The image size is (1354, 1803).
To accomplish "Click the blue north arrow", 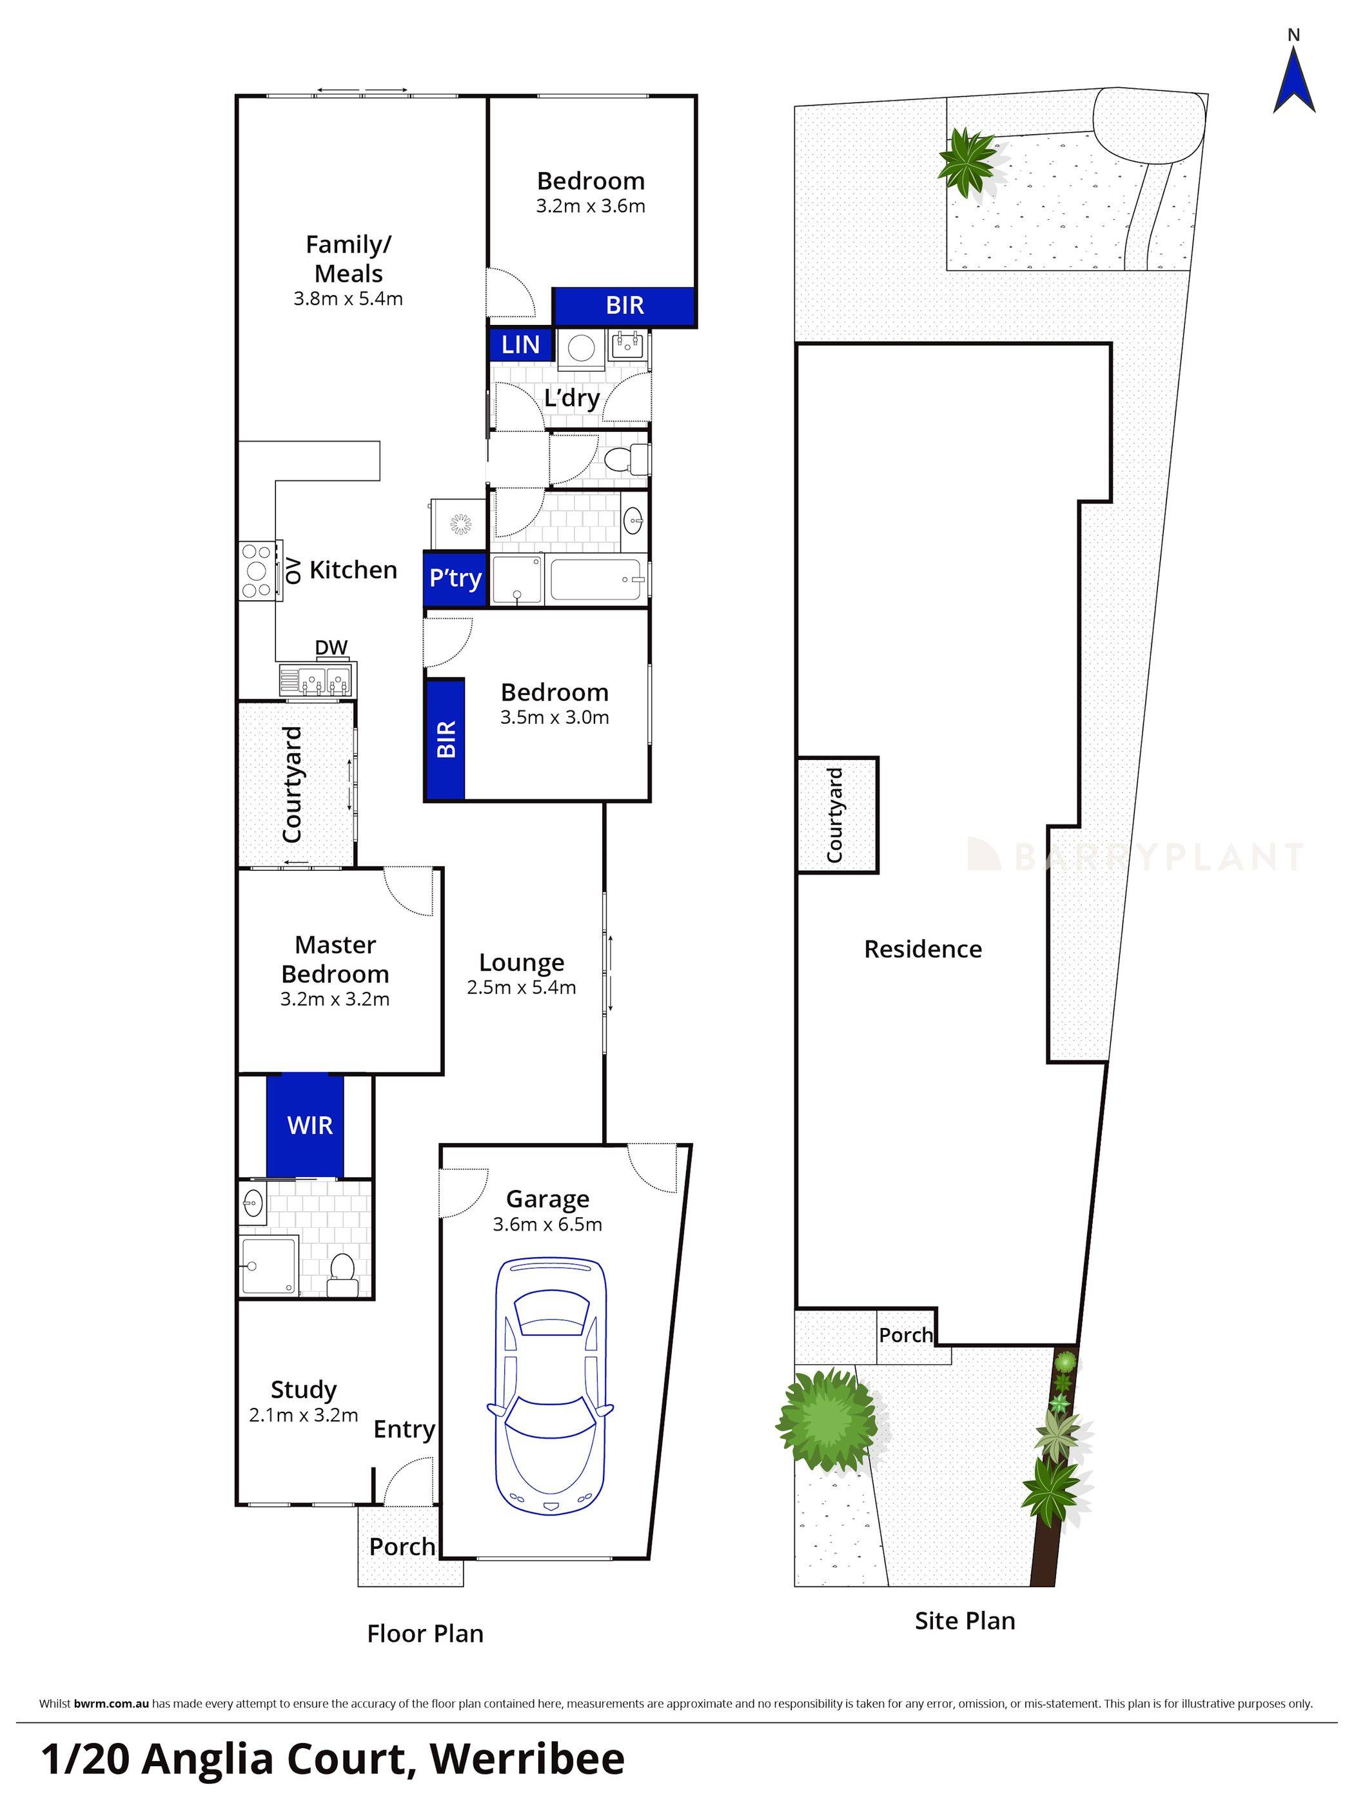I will click(x=1293, y=81).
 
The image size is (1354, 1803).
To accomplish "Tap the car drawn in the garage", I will click(x=550, y=1386).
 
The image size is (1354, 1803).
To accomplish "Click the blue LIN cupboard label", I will click(x=521, y=345).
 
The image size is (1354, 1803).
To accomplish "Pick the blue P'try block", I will click(x=455, y=579).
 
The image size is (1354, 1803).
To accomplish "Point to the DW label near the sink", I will click(x=331, y=647).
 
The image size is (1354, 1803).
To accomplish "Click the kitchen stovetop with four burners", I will click(x=256, y=571).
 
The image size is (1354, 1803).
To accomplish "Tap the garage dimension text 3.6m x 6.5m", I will click(x=547, y=1224).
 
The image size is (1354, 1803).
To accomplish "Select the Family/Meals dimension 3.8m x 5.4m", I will click(x=348, y=298).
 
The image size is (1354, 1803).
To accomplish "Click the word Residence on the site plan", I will click(x=923, y=949).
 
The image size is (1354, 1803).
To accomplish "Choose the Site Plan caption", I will click(x=965, y=1621).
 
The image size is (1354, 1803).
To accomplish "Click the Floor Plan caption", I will click(x=425, y=1633).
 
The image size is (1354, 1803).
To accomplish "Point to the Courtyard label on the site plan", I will click(x=835, y=815).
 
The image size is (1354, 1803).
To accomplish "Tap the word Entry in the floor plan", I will click(x=404, y=1429).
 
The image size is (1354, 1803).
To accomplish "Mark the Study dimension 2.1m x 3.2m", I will click(x=303, y=1415).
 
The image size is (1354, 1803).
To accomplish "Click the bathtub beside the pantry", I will click(x=598, y=579).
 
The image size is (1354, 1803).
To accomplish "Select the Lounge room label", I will click(x=521, y=962).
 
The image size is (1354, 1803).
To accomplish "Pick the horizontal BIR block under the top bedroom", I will click(x=624, y=306).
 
